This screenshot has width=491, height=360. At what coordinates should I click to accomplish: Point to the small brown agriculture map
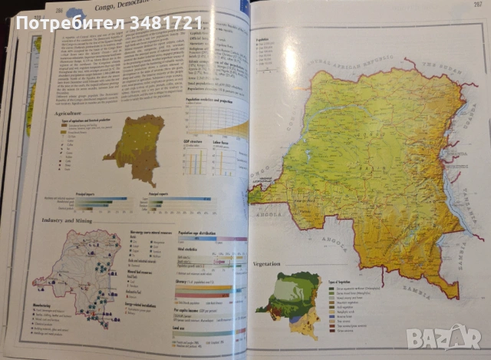click(135, 149)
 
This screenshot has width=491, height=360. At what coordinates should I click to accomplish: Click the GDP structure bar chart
click(195, 161)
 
